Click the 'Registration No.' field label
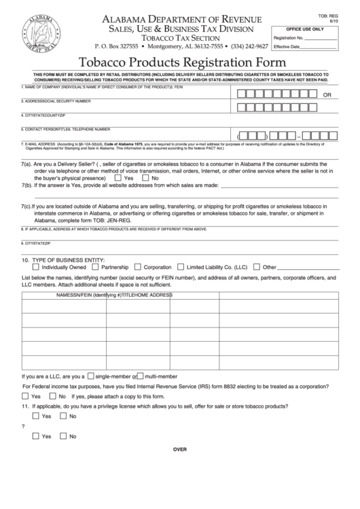coord(288,38)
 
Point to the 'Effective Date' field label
coord(287,46)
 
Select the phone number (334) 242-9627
coord(249,46)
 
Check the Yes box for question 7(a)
coord(118,177)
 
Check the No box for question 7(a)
coord(145,177)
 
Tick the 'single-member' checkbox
coord(91,376)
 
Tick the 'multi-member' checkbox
coord(140,376)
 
